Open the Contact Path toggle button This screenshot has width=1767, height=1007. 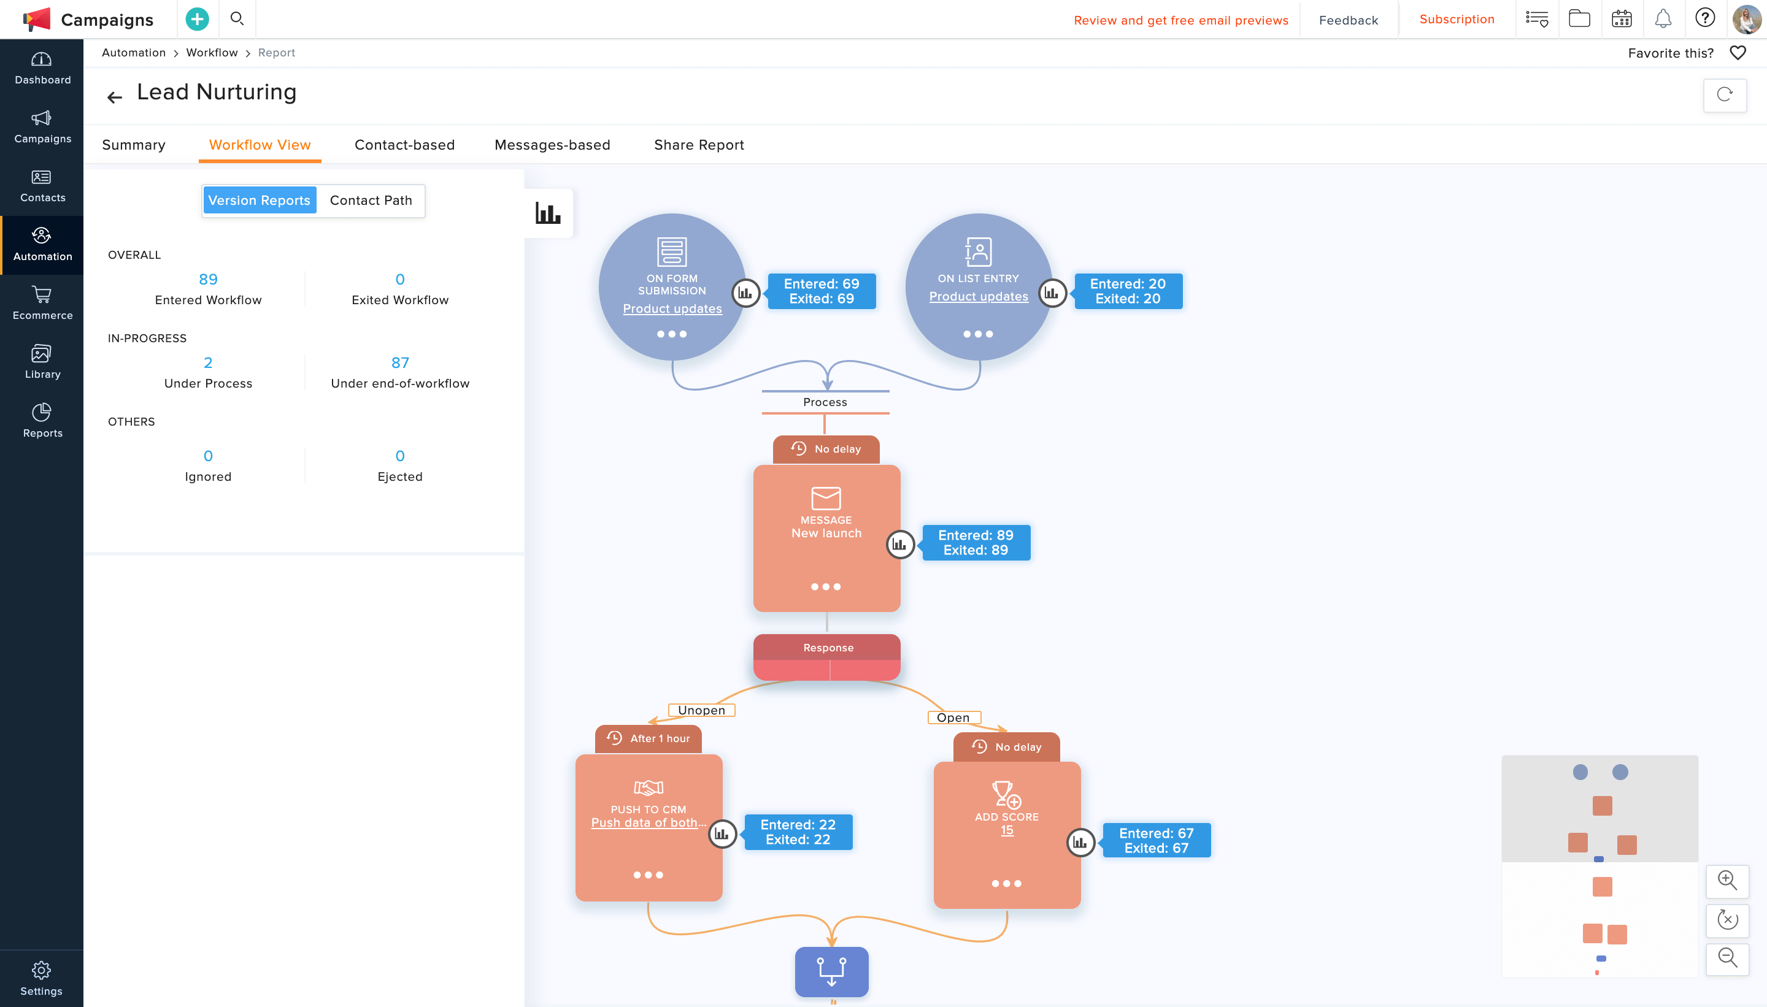pos(371,201)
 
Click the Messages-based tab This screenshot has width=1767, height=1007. pos(552,145)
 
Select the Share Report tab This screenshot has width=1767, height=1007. pos(699,145)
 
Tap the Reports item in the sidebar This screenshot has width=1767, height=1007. pos(42,421)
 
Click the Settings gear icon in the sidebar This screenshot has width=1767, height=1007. pos(42,970)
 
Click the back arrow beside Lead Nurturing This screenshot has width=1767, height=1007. pos(115,98)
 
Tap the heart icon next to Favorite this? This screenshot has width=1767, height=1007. pos(1738,53)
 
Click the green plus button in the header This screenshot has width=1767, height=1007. pos(197,20)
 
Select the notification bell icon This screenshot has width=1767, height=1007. pos(1663,18)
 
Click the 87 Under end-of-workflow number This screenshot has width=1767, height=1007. pos(400,363)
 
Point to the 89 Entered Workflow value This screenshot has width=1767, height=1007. pos(208,280)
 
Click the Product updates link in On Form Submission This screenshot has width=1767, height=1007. pos(672,309)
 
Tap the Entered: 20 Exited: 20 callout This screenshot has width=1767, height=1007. pos(1128,291)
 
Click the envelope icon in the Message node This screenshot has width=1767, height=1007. pos(826,498)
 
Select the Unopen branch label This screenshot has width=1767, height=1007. pos(701,710)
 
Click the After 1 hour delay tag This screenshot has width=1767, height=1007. pos(649,738)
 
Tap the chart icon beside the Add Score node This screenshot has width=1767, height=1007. pos(1080,843)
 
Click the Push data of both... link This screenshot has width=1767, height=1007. pos(649,823)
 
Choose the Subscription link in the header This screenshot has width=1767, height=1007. pos(1457,20)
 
